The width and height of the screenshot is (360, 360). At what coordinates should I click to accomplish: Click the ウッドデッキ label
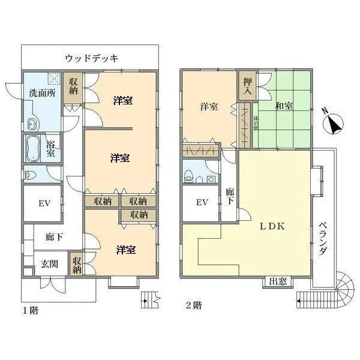[91, 58]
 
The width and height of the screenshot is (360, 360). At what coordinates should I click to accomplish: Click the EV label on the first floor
[43, 203]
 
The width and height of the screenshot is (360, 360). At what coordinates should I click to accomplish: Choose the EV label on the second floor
[202, 202]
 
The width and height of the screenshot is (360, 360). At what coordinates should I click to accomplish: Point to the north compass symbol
[332, 124]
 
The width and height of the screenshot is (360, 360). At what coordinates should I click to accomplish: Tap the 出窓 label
[277, 281]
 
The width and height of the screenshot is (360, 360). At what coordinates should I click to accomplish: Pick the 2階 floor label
[193, 305]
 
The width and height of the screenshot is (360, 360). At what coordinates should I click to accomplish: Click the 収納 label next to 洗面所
[73, 86]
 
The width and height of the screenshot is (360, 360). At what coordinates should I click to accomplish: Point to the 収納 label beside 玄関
[77, 265]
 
